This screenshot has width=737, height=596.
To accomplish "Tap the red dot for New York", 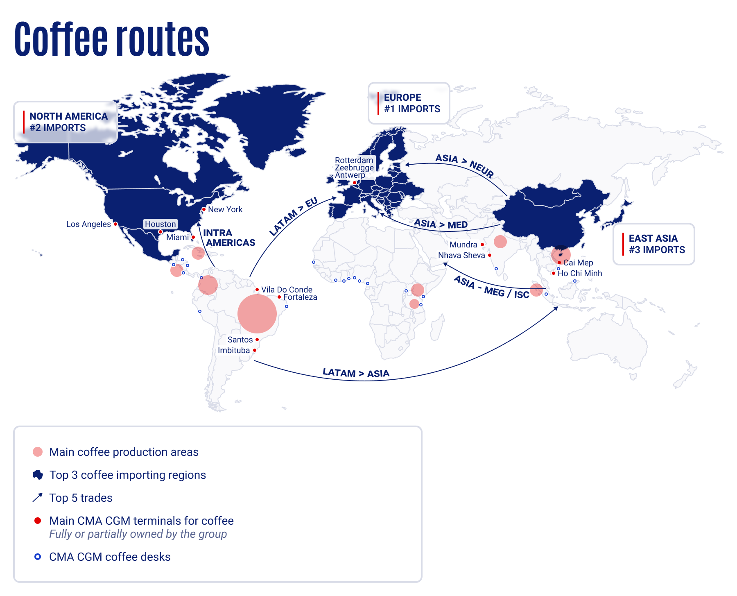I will click(x=204, y=209).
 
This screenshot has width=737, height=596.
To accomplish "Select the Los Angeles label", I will click(x=88, y=224).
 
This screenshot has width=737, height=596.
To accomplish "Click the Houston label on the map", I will click(x=161, y=224).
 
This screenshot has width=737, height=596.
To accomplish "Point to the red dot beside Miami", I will click(x=193, y=237).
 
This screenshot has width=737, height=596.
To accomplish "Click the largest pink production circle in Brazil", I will click(x=257, y=313).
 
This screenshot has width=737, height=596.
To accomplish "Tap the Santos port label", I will click(x=240, y=340).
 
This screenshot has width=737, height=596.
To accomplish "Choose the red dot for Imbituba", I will click(x=255, y=350).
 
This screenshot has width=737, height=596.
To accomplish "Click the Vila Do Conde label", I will click(x=287, y=290).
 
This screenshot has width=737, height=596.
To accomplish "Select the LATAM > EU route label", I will click(x=293, y=216).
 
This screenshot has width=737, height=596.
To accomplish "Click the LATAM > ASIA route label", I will click(x=356, y=373).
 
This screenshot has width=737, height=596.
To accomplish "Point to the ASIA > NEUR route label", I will click(x=464, y=165).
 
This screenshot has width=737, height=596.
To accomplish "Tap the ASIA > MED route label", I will click(x=441, y=224).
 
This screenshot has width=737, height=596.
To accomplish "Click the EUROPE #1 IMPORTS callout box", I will click(x=409, y=103).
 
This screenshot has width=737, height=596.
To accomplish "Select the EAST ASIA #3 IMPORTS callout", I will click(x=654, y=244).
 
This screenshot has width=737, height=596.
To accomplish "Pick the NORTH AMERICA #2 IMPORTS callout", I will click(x=66, y=122).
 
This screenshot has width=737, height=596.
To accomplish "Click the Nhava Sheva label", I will click(x=461, y=255).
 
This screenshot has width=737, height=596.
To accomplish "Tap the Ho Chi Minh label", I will click(x=580, y=273).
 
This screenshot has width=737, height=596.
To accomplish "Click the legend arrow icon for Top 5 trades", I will click(x=38, y=498).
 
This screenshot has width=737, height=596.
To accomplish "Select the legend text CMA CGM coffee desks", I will click(x=110, y=557).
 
